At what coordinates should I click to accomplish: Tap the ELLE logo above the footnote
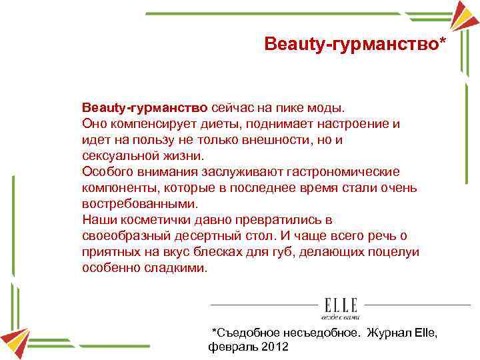click(x=341, y=306)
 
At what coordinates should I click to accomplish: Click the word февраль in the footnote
click(x=231, y=347)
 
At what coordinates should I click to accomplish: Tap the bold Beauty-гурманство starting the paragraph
click(x=145, y=107)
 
